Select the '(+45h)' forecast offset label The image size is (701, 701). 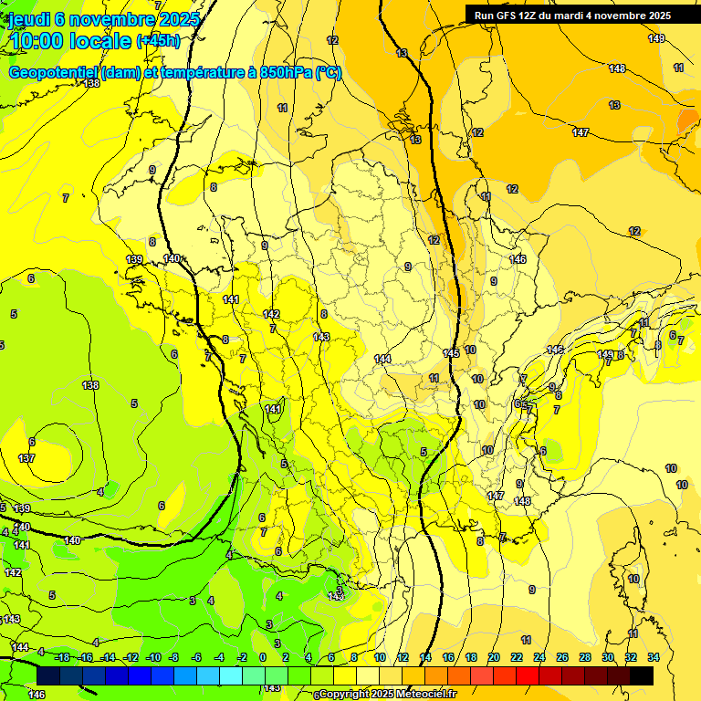[159, 41]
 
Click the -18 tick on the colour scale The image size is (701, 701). [61, 657]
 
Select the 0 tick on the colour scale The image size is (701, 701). [263, 657]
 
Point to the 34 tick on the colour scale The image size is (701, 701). [654, 657]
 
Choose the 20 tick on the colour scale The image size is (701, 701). [493, 657]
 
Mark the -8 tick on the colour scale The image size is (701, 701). [173, 657]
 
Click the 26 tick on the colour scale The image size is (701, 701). [562, 657]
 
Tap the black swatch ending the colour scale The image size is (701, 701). [642, 675]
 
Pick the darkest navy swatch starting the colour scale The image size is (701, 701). [49, 675]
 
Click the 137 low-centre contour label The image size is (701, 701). [26, 458]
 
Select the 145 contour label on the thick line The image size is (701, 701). [451, 353]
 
